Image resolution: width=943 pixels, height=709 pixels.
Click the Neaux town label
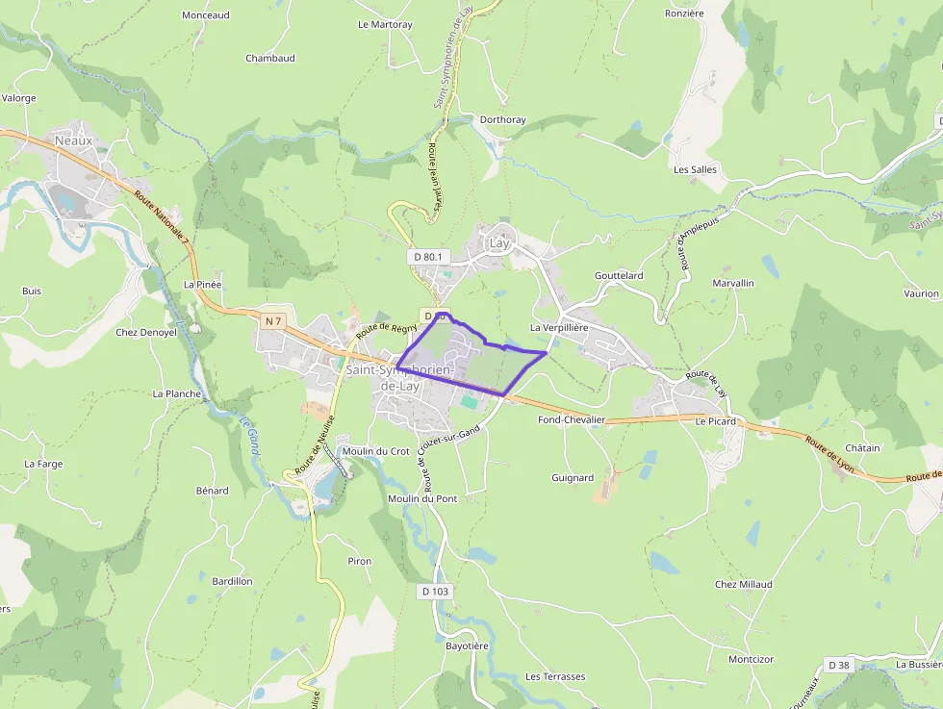[74, 140]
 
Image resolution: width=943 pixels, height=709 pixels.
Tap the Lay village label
[499, 243]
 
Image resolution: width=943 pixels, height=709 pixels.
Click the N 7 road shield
[274, 320]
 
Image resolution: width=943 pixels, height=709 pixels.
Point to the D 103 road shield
[435, 591]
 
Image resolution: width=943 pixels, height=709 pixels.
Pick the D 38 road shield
[839, 665]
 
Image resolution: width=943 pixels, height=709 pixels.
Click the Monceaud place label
[206, 15]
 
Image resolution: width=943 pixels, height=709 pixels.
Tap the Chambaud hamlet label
[269, 58]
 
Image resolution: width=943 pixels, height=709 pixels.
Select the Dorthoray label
[502, 120]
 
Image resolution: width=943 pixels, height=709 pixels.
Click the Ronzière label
[684, 13]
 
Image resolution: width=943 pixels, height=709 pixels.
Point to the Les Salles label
[695, 169]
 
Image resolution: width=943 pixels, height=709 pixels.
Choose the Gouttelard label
[619, 275]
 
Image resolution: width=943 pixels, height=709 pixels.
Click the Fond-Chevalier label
[572, 420]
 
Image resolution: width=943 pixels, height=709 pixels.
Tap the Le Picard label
[715, 421]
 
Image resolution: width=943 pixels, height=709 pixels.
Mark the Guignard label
[573, 477]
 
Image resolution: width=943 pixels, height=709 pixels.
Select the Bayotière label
[467, 646]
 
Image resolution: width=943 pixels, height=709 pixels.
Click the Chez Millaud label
[743, 584]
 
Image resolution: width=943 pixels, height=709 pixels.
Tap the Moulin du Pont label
[422, 498]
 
